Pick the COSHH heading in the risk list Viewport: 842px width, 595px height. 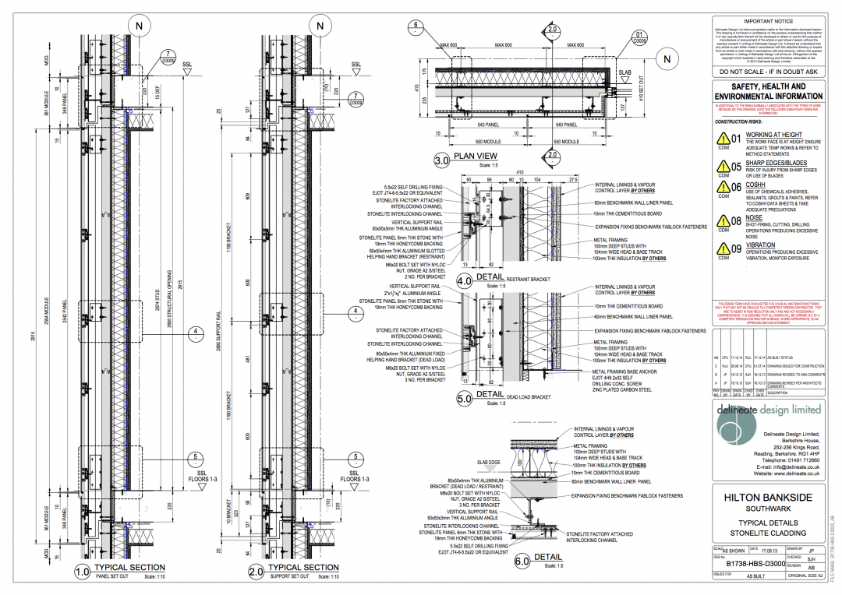(x=756, y=185)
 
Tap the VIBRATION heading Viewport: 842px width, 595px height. (x=762, y=245)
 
